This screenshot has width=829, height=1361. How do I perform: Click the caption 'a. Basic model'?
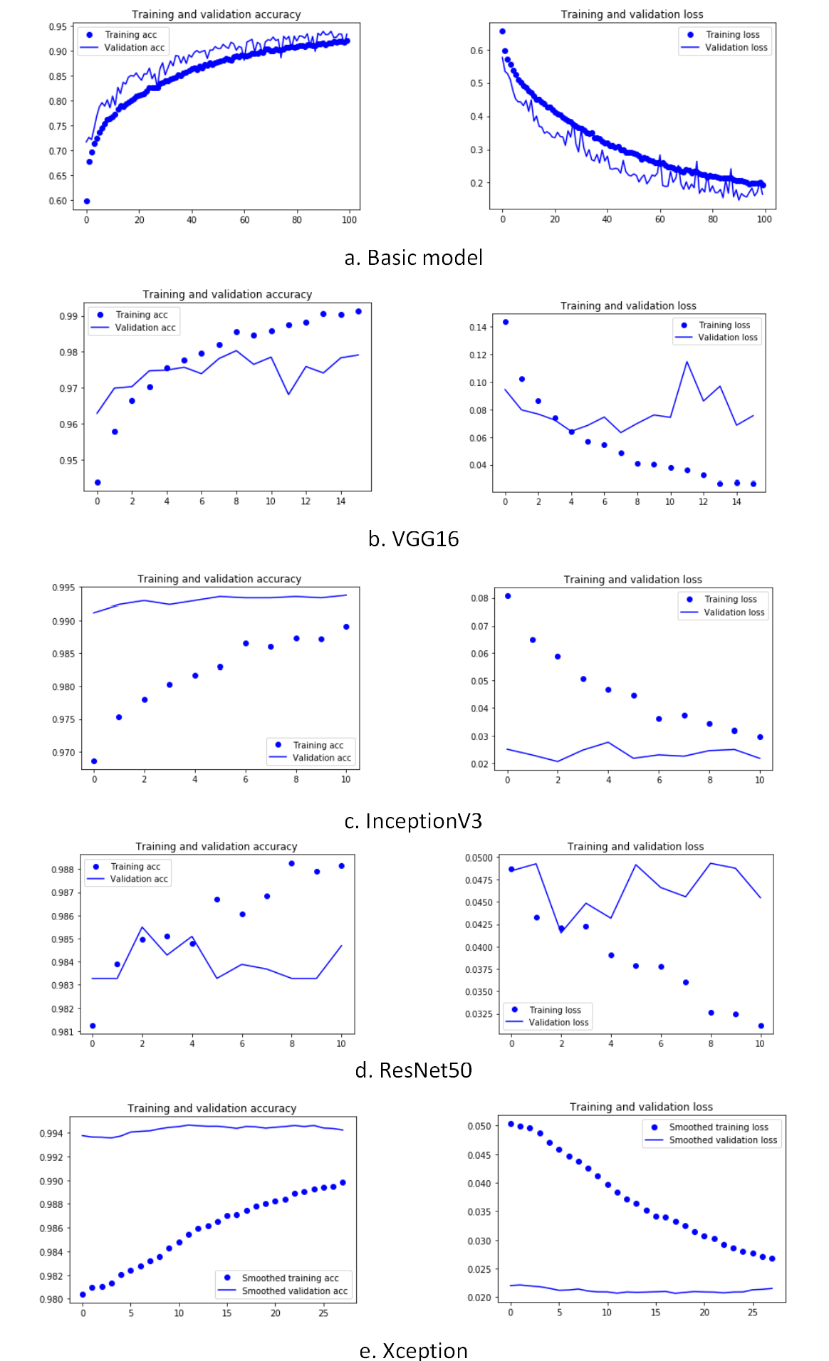click(x=413, y=258)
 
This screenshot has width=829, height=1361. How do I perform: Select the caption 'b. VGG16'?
click(x=413, y=539)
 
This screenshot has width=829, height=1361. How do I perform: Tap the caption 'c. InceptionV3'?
click(x=413, y=821)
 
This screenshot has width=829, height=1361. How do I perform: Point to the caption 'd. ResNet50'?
click(x=413, y=1070)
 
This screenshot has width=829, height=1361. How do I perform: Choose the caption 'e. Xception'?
click(x=413, y=1350)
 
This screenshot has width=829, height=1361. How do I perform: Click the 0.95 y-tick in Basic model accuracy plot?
click(x=58, y=27)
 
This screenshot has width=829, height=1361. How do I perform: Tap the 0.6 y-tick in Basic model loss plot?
click(x=476, y=51)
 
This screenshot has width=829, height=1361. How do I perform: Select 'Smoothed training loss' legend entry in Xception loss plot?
click(x=718, y=1127)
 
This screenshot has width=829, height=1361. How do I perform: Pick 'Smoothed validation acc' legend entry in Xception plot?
click(x=294, y=1291)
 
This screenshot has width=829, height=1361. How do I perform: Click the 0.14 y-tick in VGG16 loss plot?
click(x=478, y=328)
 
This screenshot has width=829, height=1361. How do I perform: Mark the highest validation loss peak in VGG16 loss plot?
click(x=687, y=362)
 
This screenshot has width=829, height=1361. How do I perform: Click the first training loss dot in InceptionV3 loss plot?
click(x=508, y=596)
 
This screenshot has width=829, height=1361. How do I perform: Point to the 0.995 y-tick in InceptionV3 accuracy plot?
click(x=63, y=588)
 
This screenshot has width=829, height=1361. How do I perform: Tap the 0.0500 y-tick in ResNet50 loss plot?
click(x=479, y=858)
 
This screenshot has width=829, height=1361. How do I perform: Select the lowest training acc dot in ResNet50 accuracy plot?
click(x=93, y=1026)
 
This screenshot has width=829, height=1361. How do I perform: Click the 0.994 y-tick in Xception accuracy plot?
click(x=51, y=1134)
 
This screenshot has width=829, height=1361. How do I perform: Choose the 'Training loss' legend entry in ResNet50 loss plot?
click(x=555, y=1010)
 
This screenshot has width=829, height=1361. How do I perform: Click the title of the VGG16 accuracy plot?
click(x=227, y=294)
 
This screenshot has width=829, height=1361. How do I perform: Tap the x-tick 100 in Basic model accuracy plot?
click(x=349, y=220)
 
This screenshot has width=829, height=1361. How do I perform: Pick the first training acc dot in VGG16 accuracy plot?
click(x=98, y=482)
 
